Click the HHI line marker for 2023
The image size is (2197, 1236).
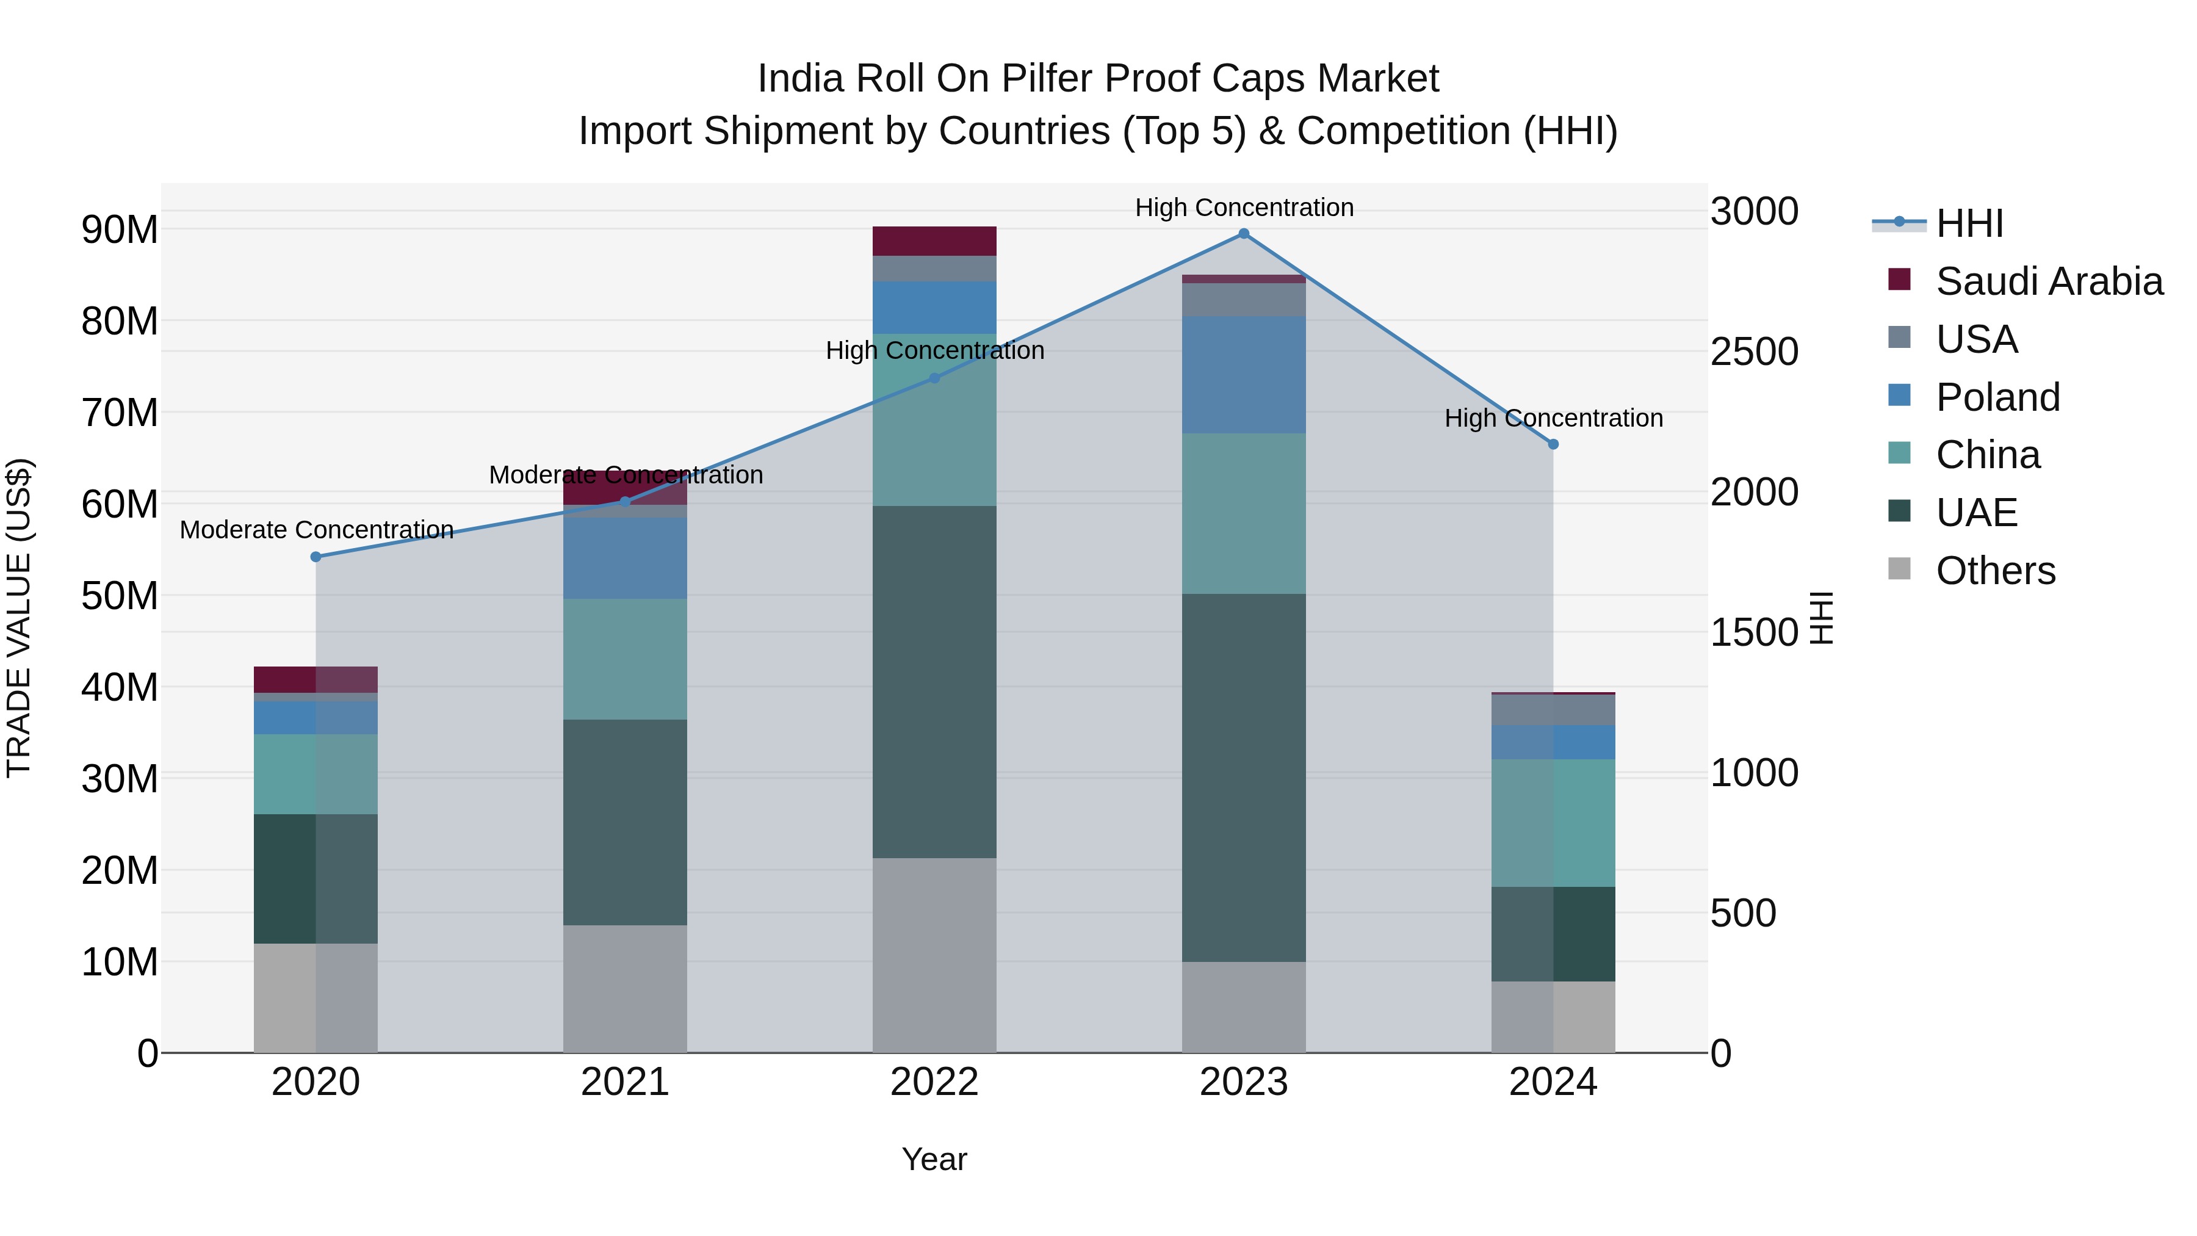pyautogui.click(x=1244, y=234)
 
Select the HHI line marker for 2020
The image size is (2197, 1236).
pyautogui.click(x=316, y=557)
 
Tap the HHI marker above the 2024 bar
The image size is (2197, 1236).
pyautogui.click(x=1553, y=444)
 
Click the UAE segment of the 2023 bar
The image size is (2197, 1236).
pyautogui.click(x=1244, y=778)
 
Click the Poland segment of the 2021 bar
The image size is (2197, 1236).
pyautogui.click(x=625, y=558)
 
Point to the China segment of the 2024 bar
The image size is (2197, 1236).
pyautogui.click(x=1553, y=823)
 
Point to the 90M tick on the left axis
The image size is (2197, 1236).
pyautogui.click(x=120, y=229)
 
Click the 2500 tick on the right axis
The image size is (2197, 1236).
pyautogui.click(x=1755, y=352)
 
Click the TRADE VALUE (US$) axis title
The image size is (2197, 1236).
pyautogui.click(x=19, y=618)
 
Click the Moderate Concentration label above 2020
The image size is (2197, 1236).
pyautogui.click(x=316, y=530)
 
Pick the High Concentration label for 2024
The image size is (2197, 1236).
pyautogui.click(x=1553, y=418)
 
